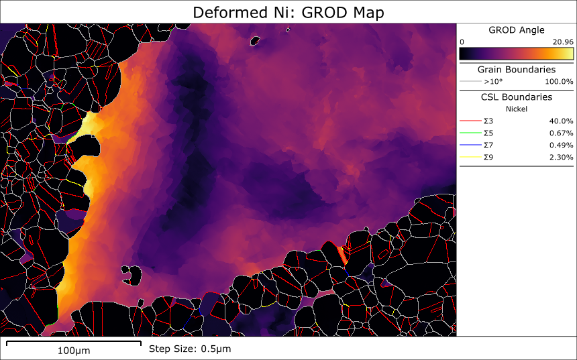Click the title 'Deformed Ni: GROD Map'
[288, 12]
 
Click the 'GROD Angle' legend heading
[516, 30]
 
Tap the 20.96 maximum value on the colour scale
[562, 42]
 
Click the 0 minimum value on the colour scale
[462, 42]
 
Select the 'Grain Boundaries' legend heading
[516, 69]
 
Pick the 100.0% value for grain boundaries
[559, 82]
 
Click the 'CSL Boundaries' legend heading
[516, 97]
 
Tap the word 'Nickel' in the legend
[516, 109]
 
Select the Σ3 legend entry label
[489, 121]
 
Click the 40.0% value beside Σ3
[561, 121]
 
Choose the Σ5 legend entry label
[489, 133]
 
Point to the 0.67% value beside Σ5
[561, 133]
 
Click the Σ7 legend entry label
[489, 145]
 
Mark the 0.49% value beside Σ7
[561, 145]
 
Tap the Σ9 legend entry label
[489, 158]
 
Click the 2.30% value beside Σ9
[561, 158]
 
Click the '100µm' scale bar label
[74, 351]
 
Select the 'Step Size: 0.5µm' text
[189, 349]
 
